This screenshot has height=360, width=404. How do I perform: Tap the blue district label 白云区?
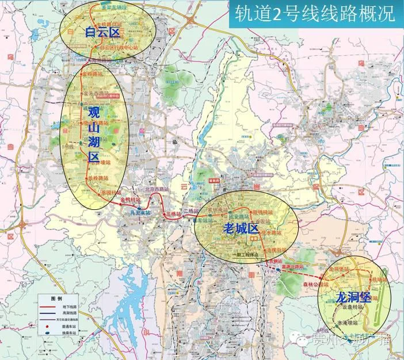click(101, 33)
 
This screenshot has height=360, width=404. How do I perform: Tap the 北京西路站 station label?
click(157, 189)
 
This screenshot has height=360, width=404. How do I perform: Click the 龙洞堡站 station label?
click(338, 269)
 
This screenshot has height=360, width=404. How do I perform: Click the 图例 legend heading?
click(56, 299)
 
